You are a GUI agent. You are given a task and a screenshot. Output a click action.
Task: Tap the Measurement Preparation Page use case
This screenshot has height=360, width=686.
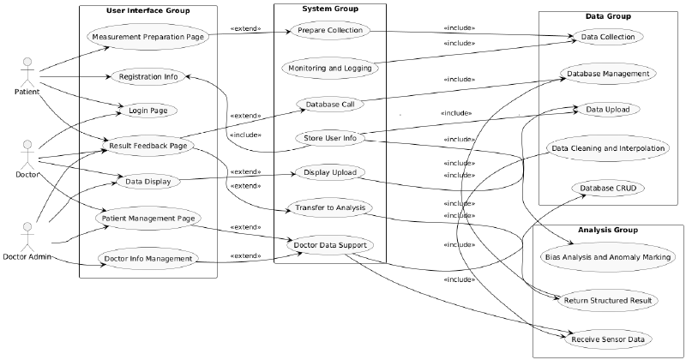[x=148, y=37]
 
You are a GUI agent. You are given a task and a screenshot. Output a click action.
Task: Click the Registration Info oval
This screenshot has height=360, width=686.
[x=148, y=76]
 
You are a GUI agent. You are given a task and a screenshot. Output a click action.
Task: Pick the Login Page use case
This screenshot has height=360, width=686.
[x=148, y=110]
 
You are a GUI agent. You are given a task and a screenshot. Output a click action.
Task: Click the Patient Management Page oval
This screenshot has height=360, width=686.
[x=148, y=219]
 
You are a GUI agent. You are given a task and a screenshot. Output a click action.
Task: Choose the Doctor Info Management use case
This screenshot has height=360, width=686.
[x=148, y=258]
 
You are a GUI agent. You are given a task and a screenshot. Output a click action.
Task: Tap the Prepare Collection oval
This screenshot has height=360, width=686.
[x=330, y=31]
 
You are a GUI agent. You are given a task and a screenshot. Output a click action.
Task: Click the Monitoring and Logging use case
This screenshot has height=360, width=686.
[x=330, y=66]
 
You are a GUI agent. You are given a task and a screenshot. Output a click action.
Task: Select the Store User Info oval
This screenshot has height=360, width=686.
[x=330, y=138]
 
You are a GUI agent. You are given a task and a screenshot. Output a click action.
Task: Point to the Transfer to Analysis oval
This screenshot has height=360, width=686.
[x=330, y=208]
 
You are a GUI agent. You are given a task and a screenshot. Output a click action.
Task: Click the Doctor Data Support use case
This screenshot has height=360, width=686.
[x=330, y=245]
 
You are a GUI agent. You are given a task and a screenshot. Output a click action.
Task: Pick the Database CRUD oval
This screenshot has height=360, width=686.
[x=608, y=187]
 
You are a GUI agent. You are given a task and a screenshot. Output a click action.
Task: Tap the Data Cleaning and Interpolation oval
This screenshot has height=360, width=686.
[x=608, y=148]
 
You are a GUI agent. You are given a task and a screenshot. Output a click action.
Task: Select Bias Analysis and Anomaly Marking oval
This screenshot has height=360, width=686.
[x=608, y=256]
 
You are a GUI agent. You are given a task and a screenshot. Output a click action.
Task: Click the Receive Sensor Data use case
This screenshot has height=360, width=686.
[x=608, y=339]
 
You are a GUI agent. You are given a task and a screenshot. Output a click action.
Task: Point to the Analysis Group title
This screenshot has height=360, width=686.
[x=607, y=230]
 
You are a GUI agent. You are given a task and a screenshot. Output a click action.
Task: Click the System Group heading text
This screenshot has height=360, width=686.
[x=330, y=9]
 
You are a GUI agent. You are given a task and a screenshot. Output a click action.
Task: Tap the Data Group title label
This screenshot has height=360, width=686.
[x=608, y=16]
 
